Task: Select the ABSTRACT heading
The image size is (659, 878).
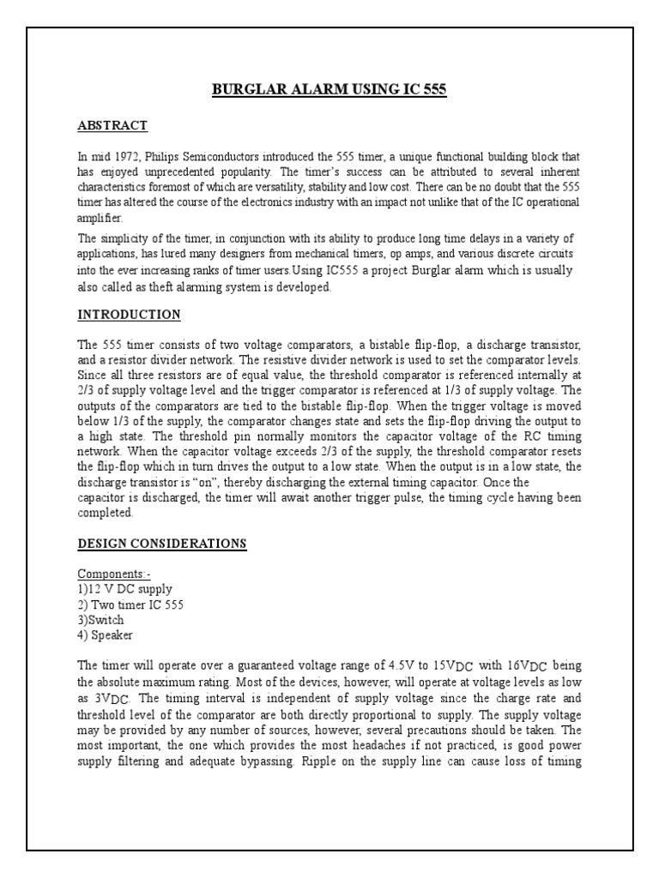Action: point(112,126)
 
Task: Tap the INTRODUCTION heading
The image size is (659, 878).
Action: point(129,315)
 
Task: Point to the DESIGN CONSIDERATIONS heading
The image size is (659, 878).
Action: point(161,544)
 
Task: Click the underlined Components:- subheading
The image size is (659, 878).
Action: point(112,573)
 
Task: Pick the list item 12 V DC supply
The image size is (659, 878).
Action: point(124,589)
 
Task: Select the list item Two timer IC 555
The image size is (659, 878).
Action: point(130,604)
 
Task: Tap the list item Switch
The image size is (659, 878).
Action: point(100,620)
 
